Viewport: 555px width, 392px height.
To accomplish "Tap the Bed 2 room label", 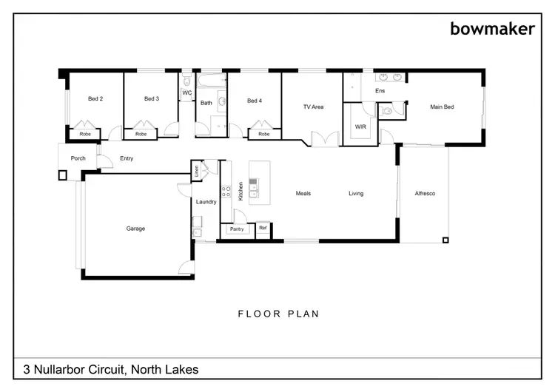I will [x=95, y=99].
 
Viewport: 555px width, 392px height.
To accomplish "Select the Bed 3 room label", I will [x=152, y=99].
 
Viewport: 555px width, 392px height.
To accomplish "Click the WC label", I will [x=186, y=93].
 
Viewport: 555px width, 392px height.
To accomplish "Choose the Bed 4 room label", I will [x=255, y=101].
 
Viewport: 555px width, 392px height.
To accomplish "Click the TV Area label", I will [x=314, y=107].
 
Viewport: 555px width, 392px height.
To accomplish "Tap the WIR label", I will [x=360, y=127].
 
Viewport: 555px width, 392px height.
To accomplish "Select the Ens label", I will [x=380, y=91].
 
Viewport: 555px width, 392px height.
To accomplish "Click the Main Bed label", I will [x=442, y=107].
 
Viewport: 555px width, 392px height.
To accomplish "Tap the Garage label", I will [x=135, y=229].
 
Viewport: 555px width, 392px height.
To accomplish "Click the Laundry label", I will [x=206, y=201].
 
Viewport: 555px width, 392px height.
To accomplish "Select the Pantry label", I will [x=237, y=229].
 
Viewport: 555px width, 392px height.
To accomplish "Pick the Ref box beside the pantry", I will [x=263, y=229].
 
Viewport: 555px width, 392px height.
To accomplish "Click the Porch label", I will [x=78, y=158].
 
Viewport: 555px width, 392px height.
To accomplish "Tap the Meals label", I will [x=303, y=194].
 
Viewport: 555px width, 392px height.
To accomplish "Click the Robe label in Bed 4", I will [x=263, y=135].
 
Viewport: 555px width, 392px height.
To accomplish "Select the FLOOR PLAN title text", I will [x=278, y=314].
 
